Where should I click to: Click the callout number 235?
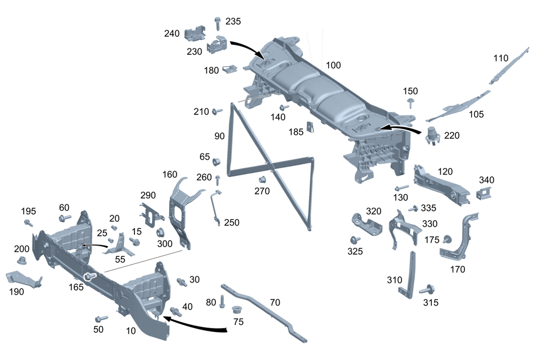click(234, 22)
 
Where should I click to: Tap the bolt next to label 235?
click(217, 23)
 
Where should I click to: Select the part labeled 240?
click(195, 33)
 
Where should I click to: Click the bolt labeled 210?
click(217, 112)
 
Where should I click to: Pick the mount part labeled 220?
click(433, 135)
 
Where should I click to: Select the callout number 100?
click(333, 65)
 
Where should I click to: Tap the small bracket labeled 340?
click(483, 194)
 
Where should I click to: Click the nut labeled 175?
click(448, 239)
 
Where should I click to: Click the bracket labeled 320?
click(366, 223)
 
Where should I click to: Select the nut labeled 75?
click(236, 311)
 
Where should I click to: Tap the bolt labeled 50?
click(100, 319)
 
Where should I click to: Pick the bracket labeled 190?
click(23, 279)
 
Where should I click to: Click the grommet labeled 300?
click(160, 233)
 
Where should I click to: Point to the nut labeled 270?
click(261, 179)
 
